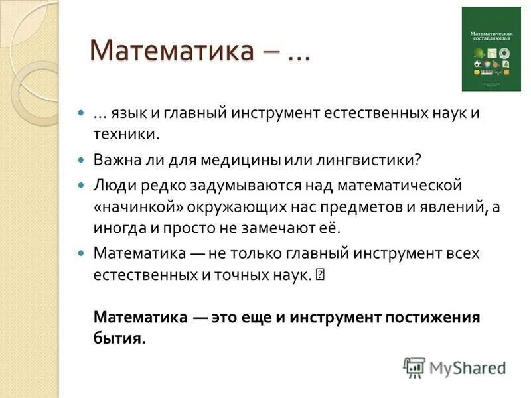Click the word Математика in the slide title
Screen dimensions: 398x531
pos(171,51)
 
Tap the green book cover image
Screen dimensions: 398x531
pos(491,49)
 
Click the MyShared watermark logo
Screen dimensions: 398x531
pos(455,367)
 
